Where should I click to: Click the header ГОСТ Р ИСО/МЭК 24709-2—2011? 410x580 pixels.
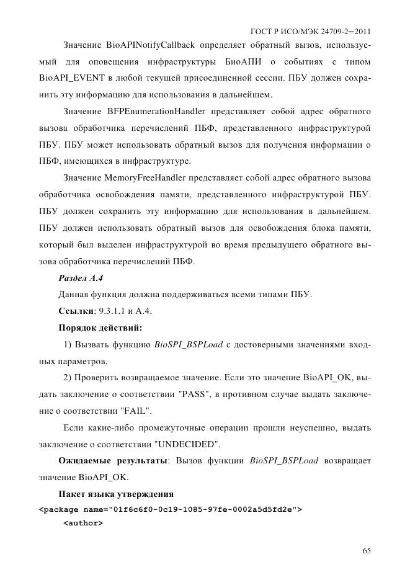310,31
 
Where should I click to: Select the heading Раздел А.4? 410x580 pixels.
80,277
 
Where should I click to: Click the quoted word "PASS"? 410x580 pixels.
218,394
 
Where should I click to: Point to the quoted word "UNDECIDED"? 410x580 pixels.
187,444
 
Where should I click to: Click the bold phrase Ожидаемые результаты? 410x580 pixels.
114,461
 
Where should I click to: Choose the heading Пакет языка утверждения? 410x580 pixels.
115,494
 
